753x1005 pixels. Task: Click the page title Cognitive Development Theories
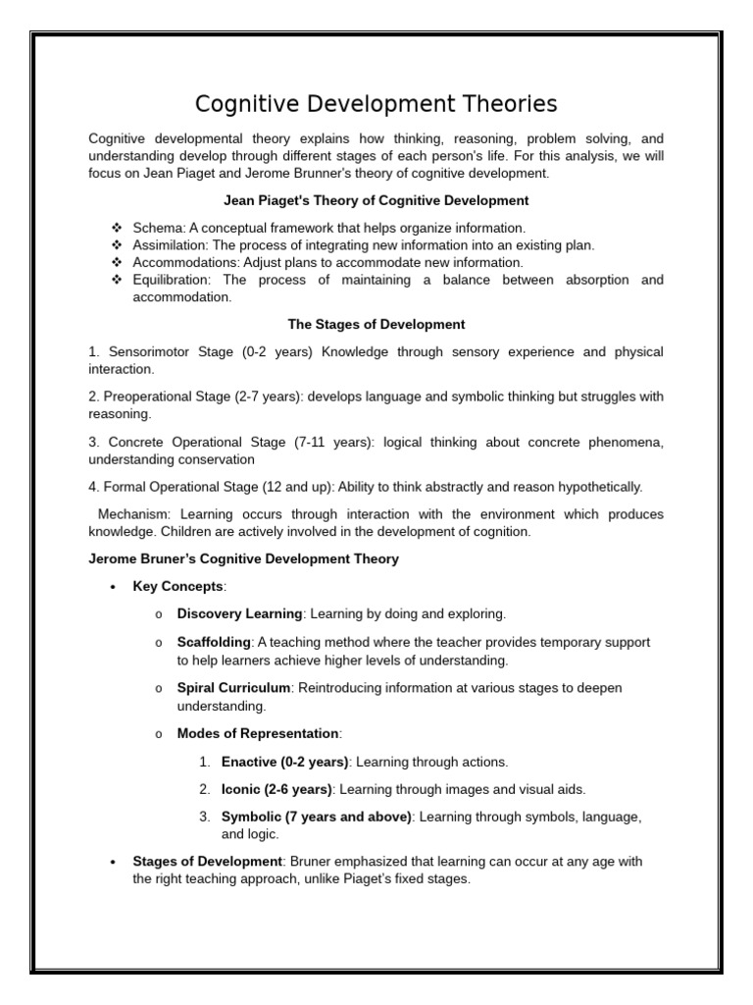pyautogui.click(x=376, y=104)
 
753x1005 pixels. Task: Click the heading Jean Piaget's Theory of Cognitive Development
pyautogui.click(x=376, y=200)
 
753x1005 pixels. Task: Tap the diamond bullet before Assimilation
pyautogui.click(x=117, y=245)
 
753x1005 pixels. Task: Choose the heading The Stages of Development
pyautogui.click(x=376, y=324)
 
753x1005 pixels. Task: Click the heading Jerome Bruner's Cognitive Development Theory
pyautogui.click(x=243, y=559)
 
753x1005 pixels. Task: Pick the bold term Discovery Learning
pyautogui.click(x=239, y=614)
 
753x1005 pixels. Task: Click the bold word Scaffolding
pyautogui.click(x=207, y=642)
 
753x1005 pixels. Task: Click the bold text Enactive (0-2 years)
pyautogui.click(x=284, y=762)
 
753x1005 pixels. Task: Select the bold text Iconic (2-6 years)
pyautogui.click(x=276, y=789)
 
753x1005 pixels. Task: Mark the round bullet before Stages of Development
pyautogui.click(x=115, y=862)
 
